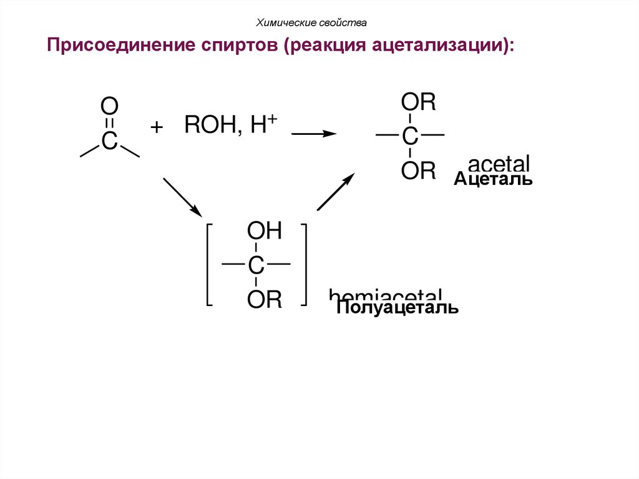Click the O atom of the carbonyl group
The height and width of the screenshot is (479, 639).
(x=109, y=106)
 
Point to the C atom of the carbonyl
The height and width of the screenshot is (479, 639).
(x=109, y=142)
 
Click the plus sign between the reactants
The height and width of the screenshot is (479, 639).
(x=156, y=127)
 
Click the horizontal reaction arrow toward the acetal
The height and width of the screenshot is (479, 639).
(x=314, y=134)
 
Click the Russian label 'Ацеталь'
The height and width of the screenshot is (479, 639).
(x=493, y=180)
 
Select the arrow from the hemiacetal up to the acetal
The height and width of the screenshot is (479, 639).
(x=336, y=192)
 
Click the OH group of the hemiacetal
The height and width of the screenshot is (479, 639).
(x=265, y=232)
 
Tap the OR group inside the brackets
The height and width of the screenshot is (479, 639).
(x=265, y=300)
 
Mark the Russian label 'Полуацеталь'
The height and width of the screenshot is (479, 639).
(x=398, y=308)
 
